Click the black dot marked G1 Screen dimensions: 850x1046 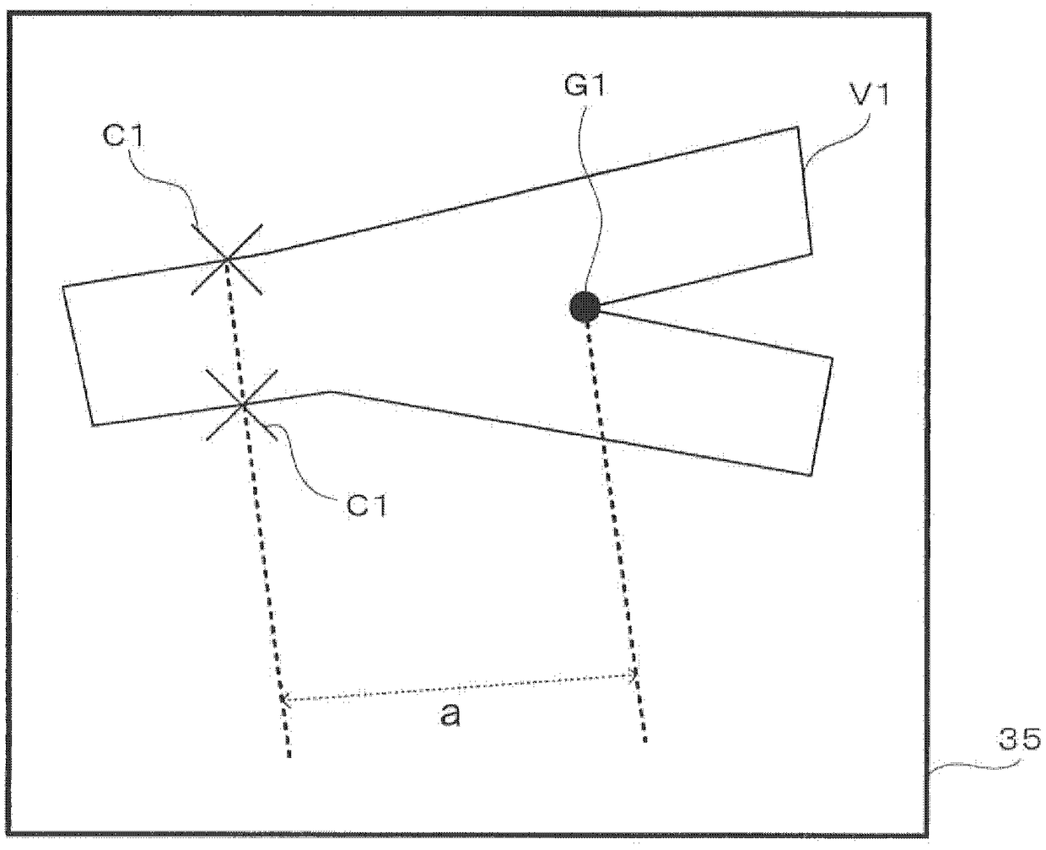click(x=585, y=306)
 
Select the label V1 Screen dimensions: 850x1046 click(x=868, y=96)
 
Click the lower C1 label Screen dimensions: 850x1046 click(x=365, y=507)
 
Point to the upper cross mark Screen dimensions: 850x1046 click(x=227, y=259)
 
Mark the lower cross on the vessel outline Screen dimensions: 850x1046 click(x=242, y=406)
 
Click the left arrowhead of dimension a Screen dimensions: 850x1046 click(x=283, y=698)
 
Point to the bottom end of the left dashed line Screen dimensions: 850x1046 click(x=289, y=756)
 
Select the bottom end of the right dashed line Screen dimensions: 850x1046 click(x=645, y=740)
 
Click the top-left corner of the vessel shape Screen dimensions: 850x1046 click(x=63, y=287)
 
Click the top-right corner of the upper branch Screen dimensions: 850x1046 click(x=797, y=127)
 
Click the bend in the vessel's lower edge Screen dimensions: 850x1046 click(x=329, y=390)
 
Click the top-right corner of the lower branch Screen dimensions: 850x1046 click(x=833, y=358)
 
